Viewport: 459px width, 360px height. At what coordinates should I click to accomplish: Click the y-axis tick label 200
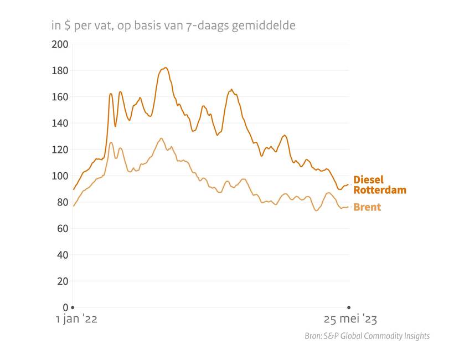[59, 44]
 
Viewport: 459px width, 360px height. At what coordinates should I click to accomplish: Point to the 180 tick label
[59, 70]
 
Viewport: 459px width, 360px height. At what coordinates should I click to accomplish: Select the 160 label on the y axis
[59, 97]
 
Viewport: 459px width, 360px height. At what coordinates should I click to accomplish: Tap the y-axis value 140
[59, 123]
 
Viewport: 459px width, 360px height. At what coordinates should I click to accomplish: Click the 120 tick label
[59, 150]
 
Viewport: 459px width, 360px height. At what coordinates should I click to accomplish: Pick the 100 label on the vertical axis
[59, 176]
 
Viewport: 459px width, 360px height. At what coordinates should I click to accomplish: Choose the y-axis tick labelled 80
[61, 202]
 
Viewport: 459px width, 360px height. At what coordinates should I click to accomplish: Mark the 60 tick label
[61, 228]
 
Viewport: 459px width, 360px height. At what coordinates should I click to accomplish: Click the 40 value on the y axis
[61, 255]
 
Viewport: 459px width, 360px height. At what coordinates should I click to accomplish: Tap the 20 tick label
[61, 281]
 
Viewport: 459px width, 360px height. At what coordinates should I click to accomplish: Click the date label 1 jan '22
[76, 320]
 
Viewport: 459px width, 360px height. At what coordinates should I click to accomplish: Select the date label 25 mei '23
[350, 320]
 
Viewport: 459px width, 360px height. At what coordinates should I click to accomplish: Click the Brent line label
[367, 207]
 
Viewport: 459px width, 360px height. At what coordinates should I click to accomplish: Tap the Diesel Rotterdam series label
[379, 185]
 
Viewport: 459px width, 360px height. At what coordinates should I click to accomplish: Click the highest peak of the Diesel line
[165, 68]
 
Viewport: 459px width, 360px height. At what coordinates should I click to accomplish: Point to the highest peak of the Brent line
[161, 138]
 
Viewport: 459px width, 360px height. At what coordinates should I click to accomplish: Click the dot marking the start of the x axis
[73, 307]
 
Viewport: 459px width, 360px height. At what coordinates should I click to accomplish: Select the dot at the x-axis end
[349, 307]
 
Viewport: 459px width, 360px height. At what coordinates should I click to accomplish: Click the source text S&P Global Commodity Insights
[367, 336]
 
